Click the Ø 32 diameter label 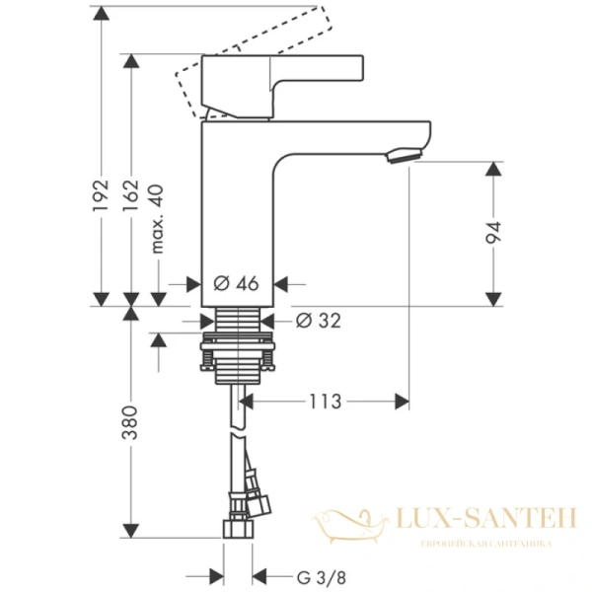tap(317, 320)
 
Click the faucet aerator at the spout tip tap(405, 155)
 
